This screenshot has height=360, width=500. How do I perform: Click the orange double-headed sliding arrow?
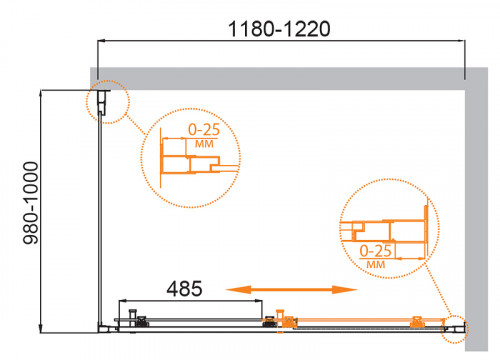coord(290,288)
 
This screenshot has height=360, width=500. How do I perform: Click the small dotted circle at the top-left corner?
coord(103,101)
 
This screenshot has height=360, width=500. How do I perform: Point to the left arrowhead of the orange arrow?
coord(232,288)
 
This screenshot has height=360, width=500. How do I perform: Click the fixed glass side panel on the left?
coord(99,220)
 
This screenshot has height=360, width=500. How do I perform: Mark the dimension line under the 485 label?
coord(195,301)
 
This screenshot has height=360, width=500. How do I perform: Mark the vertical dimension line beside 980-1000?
coord(40,209)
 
